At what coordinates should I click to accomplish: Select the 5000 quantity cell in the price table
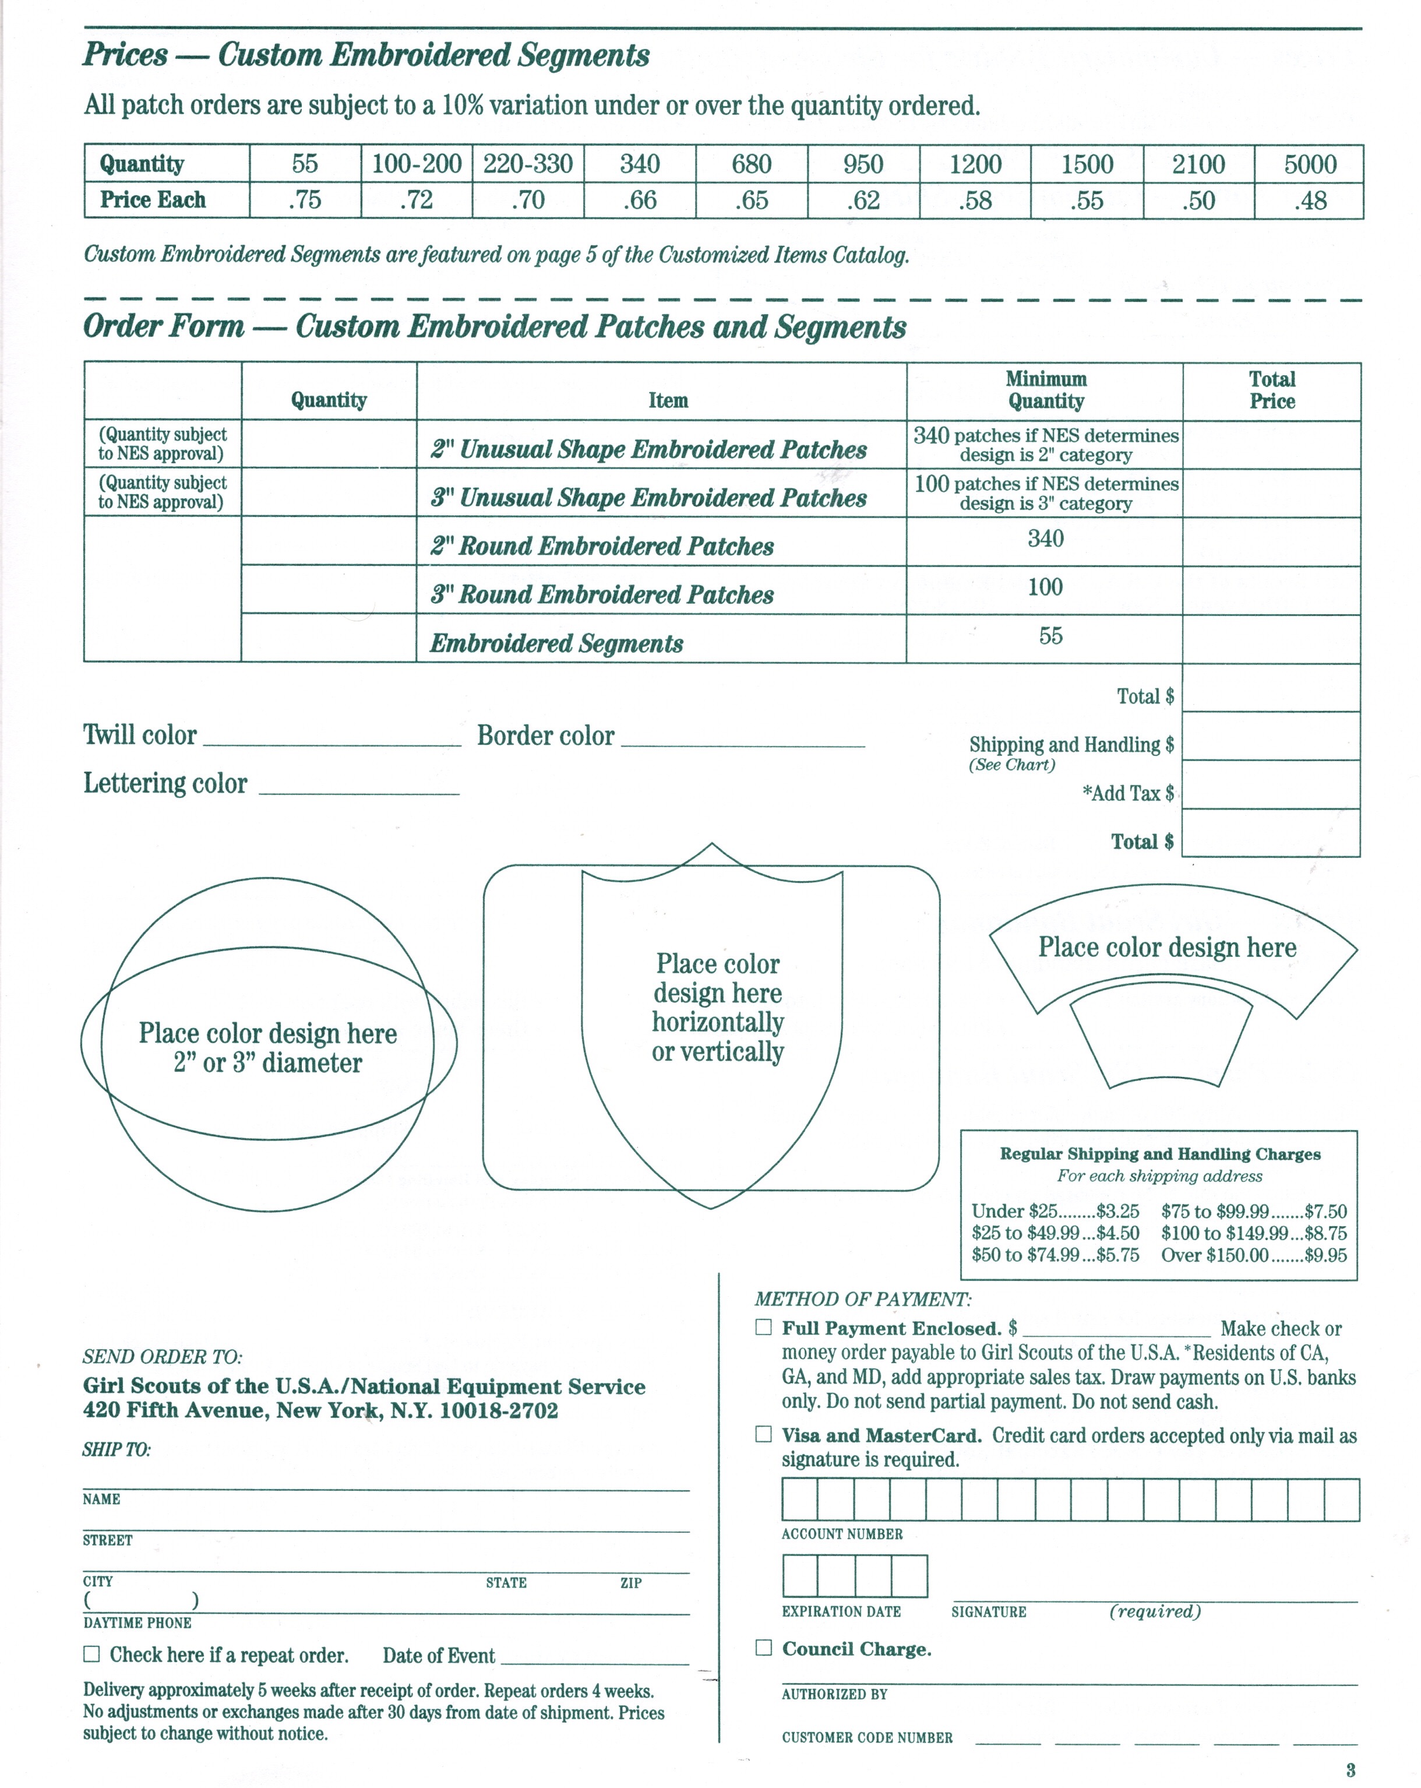coord(1309,164)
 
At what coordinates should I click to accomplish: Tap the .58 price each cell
coord(975,200)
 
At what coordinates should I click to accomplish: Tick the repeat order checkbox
coord(91,1653)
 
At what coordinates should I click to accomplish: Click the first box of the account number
coord(800,1500)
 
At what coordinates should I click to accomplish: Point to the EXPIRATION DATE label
coord(841,1611)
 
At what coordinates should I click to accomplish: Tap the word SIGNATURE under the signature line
coord(988,1611)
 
